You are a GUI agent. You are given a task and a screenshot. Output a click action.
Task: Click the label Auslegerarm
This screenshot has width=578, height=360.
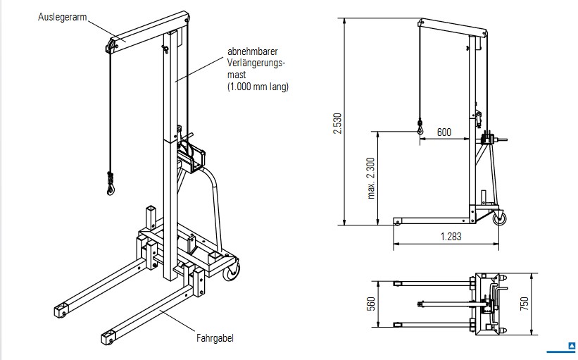click(62, 16)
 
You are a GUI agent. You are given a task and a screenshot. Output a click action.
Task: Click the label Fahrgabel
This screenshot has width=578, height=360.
click(215, 338)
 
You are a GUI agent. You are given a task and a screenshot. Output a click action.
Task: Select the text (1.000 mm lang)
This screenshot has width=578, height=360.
click(258, 87)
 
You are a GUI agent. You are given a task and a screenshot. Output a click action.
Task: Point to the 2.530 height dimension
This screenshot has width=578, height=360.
click(337, 123)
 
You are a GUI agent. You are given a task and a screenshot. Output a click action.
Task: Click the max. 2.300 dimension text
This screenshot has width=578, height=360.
click(370, 178)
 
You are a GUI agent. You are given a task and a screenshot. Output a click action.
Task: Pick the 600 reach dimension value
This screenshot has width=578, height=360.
click(444, 132)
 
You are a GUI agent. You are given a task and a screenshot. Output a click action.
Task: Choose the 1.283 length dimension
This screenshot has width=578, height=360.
click(451, 237)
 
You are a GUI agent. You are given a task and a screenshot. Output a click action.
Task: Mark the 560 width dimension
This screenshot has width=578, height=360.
click(370, 304)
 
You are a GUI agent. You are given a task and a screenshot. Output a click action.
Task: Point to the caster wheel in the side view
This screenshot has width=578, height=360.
click(500, 219)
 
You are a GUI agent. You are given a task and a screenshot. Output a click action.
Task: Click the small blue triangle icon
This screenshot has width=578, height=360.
click(572, 346)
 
